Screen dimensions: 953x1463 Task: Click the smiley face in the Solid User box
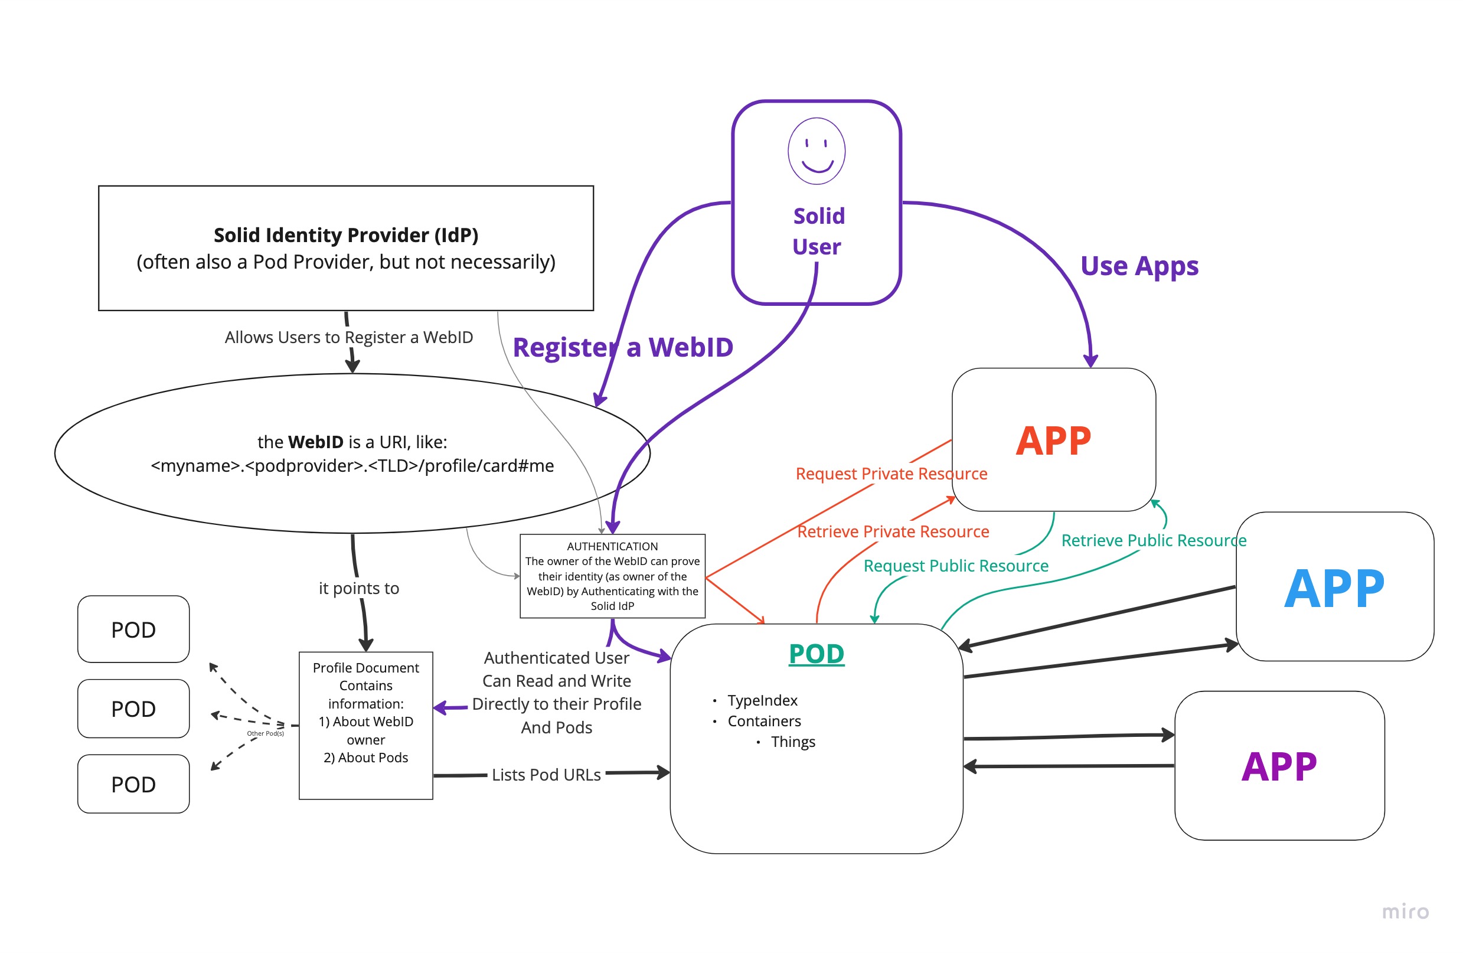pos(817,151)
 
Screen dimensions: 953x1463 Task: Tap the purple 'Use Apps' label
pos(1139,266)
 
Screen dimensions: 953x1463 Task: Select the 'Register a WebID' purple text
pos(623,347)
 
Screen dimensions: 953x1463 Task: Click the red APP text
pos(1053,441)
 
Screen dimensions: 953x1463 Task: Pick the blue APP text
pos(1334,589)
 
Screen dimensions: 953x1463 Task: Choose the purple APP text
pos(1279,766)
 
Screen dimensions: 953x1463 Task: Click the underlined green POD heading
pos(817,654)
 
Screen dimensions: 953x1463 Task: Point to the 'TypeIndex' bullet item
pos(762,700)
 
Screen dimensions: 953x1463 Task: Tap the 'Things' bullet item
pos(793,742)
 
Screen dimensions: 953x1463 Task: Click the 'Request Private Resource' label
pos(891,474)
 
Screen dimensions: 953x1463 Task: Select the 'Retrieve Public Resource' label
pos(1154,540)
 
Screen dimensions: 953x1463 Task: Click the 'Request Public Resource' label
pos(956,566)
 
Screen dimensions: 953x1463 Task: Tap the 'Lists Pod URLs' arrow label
pos(546,775)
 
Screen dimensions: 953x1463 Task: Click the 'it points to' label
pos(359,589)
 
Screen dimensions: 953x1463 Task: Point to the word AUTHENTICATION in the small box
pos(612,546)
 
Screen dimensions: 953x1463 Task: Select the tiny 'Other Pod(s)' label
pos(266,733)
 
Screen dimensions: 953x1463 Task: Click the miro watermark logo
pos(1405,911)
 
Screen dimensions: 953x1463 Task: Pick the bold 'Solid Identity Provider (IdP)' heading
pos(346,235)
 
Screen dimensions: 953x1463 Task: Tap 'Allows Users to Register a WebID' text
pos(348,337)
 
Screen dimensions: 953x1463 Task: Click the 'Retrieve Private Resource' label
pos(893,531)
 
